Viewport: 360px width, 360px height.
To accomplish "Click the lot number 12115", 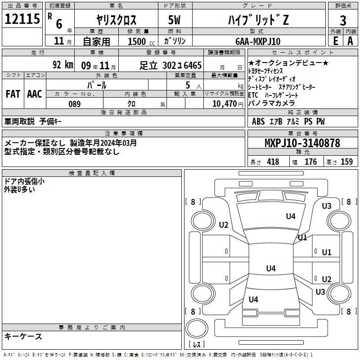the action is [22, 19].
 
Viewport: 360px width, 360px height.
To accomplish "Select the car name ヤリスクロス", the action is [116, 20].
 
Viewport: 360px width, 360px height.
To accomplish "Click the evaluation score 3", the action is [343, 20].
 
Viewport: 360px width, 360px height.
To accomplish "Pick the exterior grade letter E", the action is [335, 41].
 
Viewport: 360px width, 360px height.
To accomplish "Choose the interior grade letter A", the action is [350, 41].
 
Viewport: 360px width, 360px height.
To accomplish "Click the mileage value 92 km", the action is [63, 65].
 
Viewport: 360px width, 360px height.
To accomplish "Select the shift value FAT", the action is [13, 94].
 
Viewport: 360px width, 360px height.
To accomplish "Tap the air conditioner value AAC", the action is [34, 94].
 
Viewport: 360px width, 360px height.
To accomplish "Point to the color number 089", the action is [75, 104].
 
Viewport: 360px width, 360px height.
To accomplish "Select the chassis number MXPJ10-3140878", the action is [302, 143].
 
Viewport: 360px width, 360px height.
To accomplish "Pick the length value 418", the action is [273, 162].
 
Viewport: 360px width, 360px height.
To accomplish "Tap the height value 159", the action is [346, 162].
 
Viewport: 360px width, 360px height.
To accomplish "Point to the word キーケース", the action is [23, 337].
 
